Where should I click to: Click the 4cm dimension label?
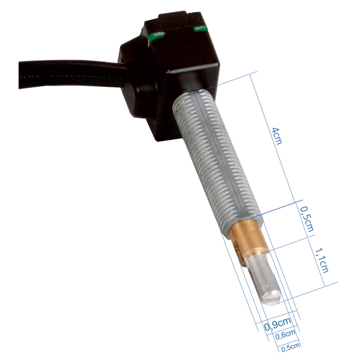(277, 135)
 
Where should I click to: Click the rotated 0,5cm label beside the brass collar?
(307, 218)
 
